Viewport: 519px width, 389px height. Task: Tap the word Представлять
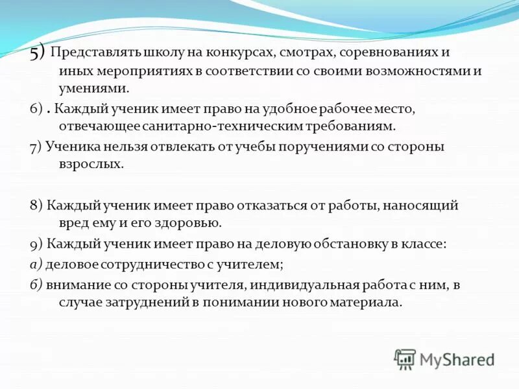(x=88, y=53)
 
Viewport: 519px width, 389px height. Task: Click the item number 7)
(x=36, y=147)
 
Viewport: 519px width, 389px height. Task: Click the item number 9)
(x=36, y=244)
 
